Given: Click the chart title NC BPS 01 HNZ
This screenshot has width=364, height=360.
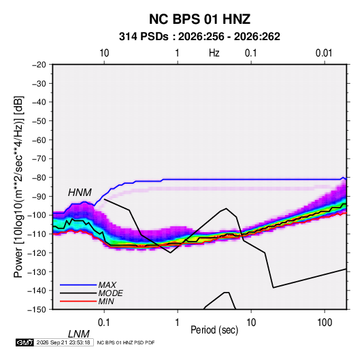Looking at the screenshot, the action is (x=199, y=19).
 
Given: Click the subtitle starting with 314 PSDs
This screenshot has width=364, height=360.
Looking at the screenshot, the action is (x=199, y=37).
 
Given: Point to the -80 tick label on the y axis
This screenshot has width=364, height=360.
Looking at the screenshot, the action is (x=39, y=178).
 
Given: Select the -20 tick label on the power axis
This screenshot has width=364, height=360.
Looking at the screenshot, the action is (x=39, y=65).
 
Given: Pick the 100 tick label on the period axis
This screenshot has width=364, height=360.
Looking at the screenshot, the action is (x=325, y=323).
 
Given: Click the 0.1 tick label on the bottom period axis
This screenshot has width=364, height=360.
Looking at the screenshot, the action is (x=104, y=323).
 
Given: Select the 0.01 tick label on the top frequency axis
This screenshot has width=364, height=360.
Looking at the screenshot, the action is (x=324, y=53).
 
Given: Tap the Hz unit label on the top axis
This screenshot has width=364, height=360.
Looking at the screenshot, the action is (x=214, y=53).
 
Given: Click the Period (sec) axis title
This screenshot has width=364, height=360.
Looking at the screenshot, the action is (x=214, y=330).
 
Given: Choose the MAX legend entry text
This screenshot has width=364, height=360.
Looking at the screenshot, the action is (x=107, y=285).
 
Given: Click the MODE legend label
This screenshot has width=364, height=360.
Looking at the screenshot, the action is (x=110, y=293).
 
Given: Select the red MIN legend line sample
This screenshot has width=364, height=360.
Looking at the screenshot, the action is (x=78, y=301).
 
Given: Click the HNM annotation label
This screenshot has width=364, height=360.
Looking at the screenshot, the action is (x=80, y=193).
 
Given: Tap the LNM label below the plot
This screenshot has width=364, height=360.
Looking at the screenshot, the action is (x=79, y=334).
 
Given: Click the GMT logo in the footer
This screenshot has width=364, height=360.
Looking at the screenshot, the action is (x=25, y=342).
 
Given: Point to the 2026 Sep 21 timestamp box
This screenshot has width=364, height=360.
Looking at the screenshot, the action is (x=63, y=342).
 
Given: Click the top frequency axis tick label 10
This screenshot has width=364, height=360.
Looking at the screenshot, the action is (x=104, y=53).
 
